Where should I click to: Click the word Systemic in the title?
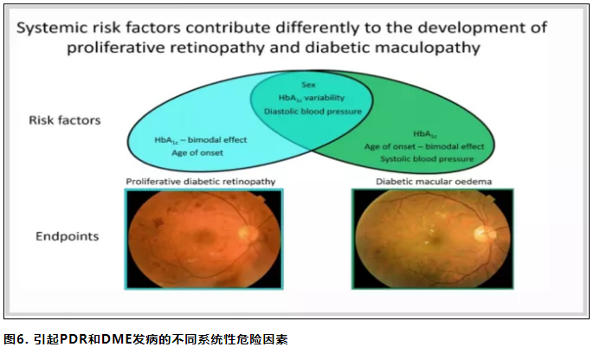coord(51,29)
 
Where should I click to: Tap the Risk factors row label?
coord(65,120)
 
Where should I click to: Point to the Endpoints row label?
coord(67,236)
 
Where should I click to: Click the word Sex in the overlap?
coord(308,85)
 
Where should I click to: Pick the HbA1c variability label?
coord(312,98)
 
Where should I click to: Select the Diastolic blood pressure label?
coord(313,112)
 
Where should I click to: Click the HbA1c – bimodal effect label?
coord(201,140)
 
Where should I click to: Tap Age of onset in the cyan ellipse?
coord(197,152)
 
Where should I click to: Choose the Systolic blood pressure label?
coord(427,158)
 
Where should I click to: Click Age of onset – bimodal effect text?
coord(424,146)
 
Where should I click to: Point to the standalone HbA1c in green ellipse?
coord(425,134)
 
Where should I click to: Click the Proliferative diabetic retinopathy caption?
coord(201,182)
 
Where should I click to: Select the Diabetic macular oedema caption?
coord(434,182)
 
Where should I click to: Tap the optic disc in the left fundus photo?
coord(244,232)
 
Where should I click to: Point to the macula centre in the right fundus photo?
coord(435,240)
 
